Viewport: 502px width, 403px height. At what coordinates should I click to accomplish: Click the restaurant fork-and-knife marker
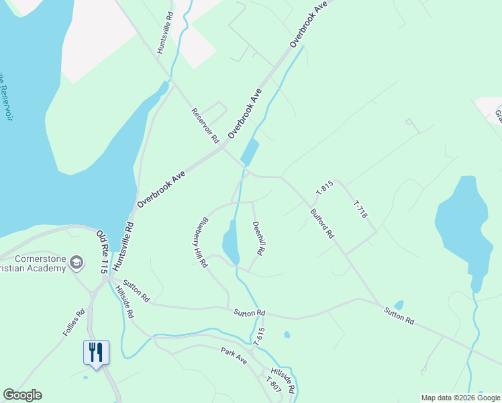(x=95, y=352)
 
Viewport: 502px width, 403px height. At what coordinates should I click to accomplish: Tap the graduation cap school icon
(x=77, y=262)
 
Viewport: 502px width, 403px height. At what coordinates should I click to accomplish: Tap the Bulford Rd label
(x=322, y=224)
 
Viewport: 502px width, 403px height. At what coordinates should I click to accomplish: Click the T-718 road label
(x=360, y=210)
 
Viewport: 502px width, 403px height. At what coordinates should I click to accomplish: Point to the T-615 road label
(x=260, y=336)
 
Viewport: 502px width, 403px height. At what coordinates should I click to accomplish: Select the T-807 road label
(x=272, y=386)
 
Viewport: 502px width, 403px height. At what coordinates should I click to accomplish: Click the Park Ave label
(x=234, y=355)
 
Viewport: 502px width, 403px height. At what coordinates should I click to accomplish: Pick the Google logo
(x=22, y=395)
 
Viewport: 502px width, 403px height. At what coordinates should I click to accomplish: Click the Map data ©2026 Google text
(x=460, y=398)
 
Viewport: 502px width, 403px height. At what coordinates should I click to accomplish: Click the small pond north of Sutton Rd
(x=399, y=306)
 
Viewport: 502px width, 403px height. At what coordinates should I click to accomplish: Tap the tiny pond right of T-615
(x=287, y=334)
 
